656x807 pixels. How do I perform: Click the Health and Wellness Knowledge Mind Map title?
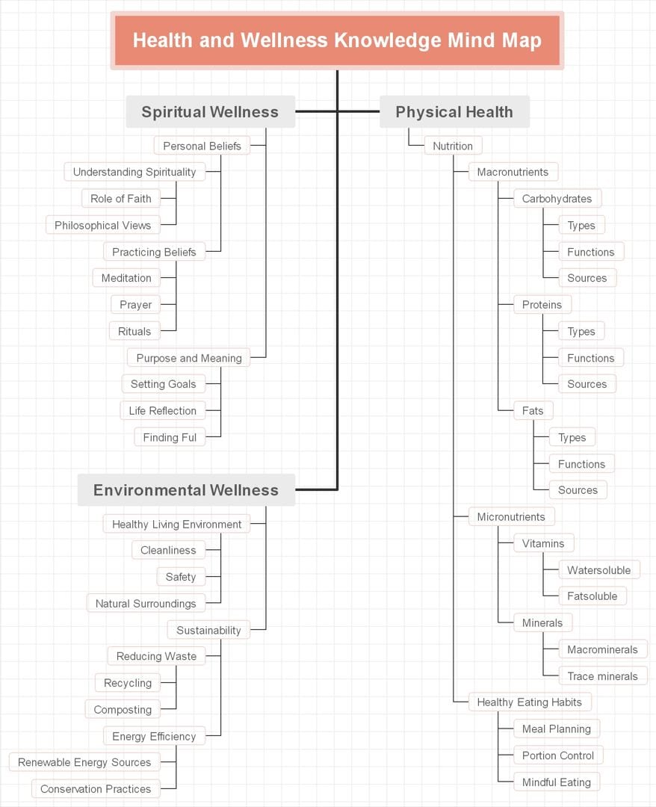(337, 40)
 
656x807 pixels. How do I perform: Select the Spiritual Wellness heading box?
(210, 112)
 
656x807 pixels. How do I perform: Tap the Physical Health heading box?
(454, 112)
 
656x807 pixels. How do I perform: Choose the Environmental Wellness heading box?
(186, 490)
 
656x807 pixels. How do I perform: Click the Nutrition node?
(453, 146)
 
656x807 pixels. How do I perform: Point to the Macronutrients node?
(513, 172)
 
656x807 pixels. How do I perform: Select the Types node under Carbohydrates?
(581, 226)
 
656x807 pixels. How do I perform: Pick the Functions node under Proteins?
(590, 358)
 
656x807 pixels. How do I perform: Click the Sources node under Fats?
(578, 490)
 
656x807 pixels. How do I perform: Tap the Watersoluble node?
(598, 570)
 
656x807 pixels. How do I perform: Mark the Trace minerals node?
(602, 676)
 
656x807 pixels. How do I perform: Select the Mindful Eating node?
(556, 782)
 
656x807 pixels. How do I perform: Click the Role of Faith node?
(121, 199)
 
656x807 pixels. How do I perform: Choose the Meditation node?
(126, 278)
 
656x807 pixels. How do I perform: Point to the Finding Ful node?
(170, 437)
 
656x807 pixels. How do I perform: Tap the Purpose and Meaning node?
(189, 358)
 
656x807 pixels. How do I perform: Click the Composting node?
(123, 710)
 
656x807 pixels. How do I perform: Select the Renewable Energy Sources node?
(84, 762)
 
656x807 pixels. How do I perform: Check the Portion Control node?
(558, 755)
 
